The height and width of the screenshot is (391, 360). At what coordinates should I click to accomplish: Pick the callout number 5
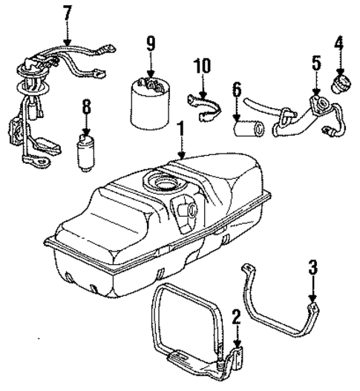[x=316, y=63]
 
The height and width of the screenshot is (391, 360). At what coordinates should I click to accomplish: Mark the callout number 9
[x=151, y=44]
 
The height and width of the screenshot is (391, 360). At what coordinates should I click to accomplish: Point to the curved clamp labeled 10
[x=208, y=102]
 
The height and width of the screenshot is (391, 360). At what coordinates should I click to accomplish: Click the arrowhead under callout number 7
[x=68, y=41]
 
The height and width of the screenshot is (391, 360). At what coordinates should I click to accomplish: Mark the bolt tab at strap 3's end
[x=314, y=303]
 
